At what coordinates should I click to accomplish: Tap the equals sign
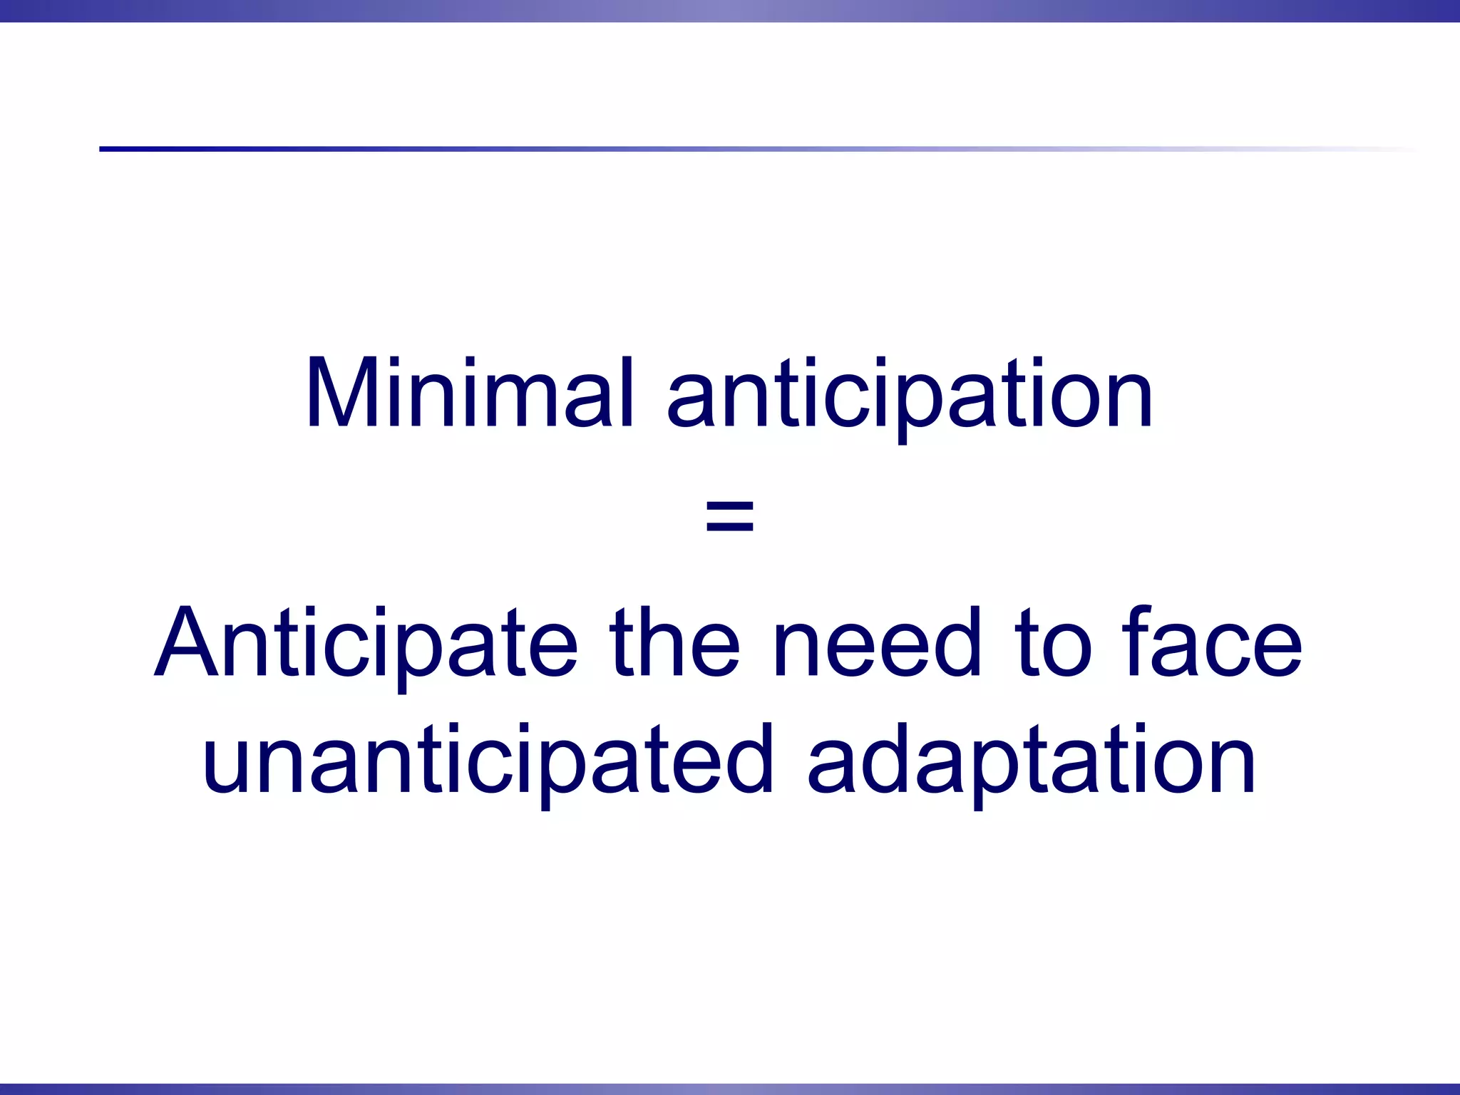729,516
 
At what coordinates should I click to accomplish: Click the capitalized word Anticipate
366,644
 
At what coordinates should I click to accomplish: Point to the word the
674,642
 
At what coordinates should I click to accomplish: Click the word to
1056,644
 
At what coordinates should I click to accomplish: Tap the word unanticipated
488,760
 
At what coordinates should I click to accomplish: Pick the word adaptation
1031,760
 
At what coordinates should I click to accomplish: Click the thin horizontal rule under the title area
713,149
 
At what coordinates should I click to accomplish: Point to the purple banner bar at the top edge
730,11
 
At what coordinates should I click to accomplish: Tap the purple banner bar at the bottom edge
730,1089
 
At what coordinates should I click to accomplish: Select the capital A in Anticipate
186,642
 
